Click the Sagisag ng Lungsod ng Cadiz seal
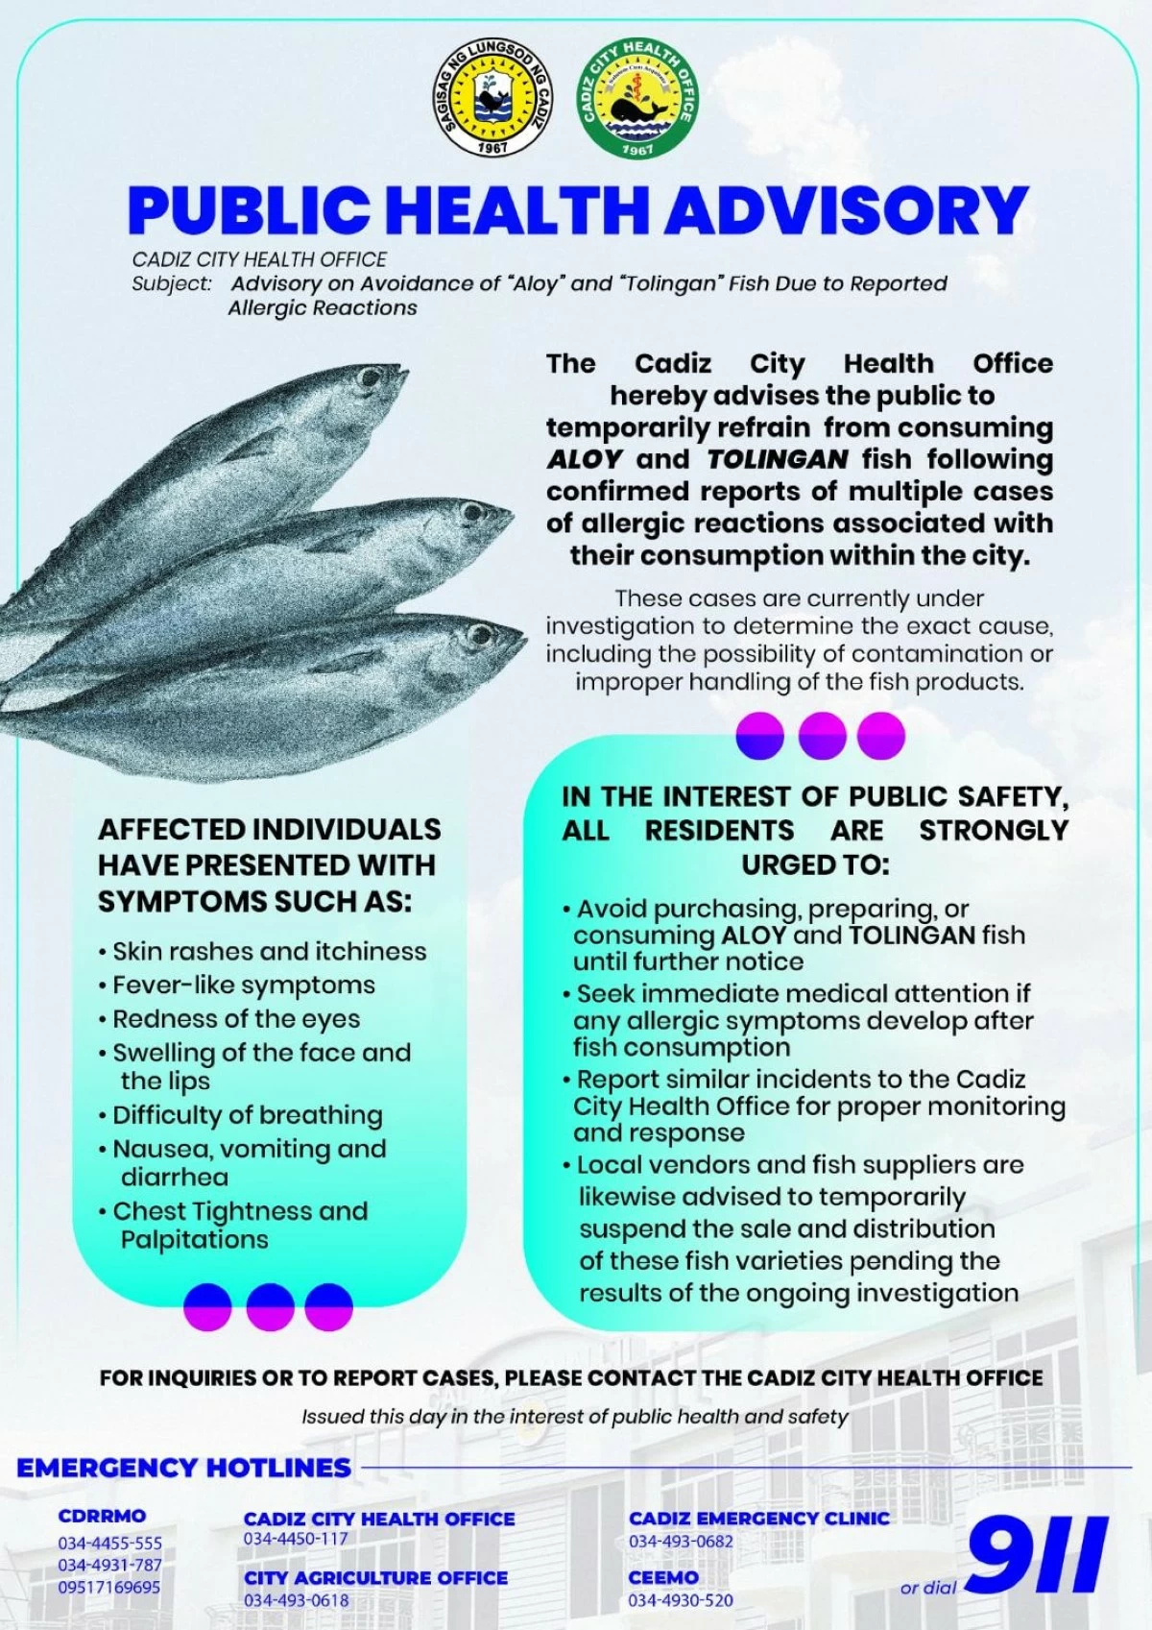(x=492, y=99)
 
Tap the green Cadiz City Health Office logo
(x=637, y=99)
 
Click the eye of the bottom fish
(x=478, y=635)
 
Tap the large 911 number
(x=1037, y=1555)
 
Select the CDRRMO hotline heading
(x=102, y=1516)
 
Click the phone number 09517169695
(x=108, y=1587)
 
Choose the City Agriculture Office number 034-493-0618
(x=296, y=1600)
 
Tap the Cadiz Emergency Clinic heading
(x=758, y=1518)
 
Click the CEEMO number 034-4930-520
(x=680, y=1600)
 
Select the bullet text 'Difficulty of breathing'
(x=248, y=1115)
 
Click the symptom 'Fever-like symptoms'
(x=244, y=985)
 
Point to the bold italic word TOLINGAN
(x=778, y=459)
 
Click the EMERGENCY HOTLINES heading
(x=183, y=1468)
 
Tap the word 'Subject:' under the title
(x=172, y=283)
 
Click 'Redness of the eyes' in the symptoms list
(x=236, y=1019)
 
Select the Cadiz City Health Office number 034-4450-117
(x=296, y=1539)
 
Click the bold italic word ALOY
(x=585, y=459)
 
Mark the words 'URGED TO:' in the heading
(x=815, y=864)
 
